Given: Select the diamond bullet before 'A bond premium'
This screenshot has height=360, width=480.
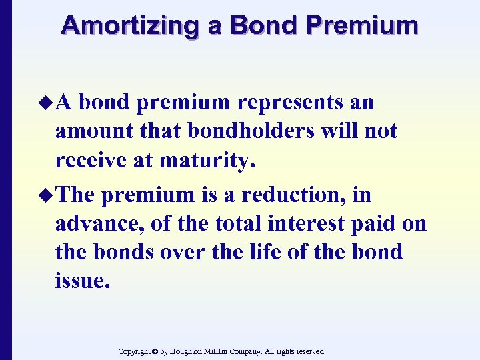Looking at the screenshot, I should (47, 103).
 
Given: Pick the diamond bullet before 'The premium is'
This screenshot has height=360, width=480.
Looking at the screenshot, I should (47, 196).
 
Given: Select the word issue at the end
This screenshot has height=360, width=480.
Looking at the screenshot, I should (82, 280).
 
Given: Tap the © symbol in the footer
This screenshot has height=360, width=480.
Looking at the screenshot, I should (154, 351).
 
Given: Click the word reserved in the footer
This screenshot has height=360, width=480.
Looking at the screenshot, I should (309, 351).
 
